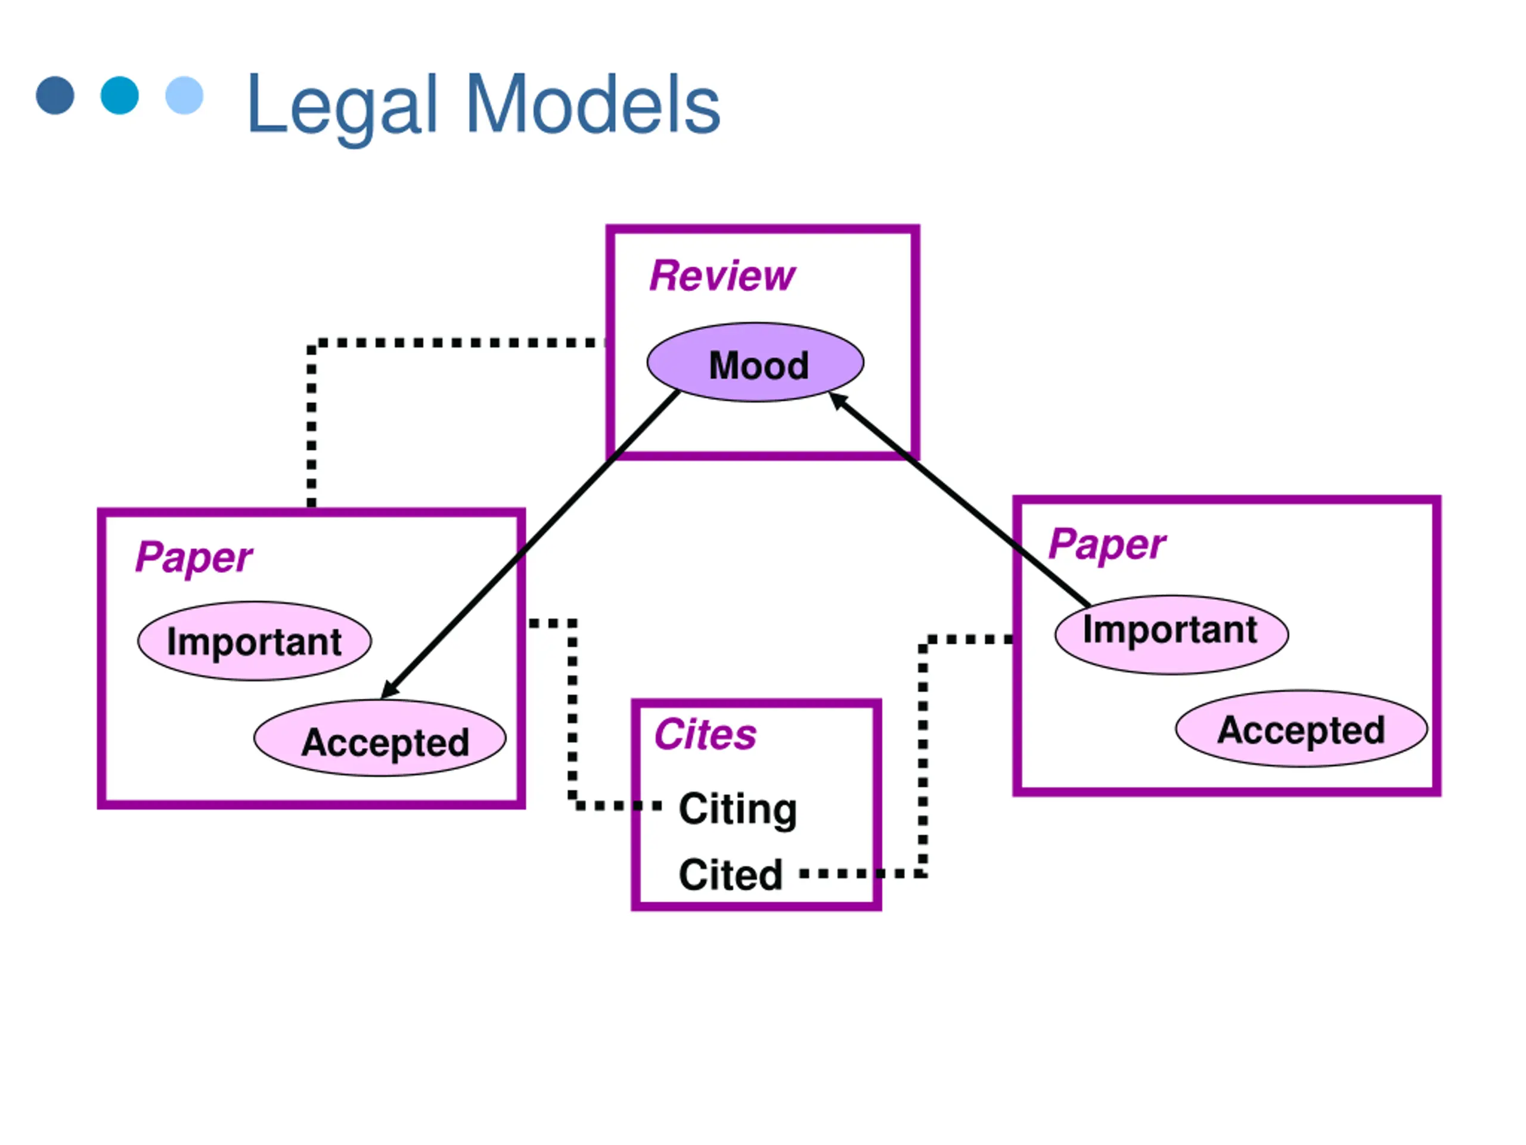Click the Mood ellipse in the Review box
click(755, 363)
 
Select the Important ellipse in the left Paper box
click(255, 641)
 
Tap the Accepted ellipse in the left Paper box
click(380, 738)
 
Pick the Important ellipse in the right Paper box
click(1171, 635)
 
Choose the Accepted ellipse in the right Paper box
click(1301, 728)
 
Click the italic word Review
click(722, 276)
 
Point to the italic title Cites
click(705, 734)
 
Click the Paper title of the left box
click(194, 558)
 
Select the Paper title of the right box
click(1106, 544)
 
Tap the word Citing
click(737, 810)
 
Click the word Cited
click(731, 874)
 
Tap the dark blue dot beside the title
click(55, 95)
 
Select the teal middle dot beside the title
click(119, 95)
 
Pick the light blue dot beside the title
click(184, 95)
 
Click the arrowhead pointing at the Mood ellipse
click(837, 400)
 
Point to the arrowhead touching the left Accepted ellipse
click(389, 689)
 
